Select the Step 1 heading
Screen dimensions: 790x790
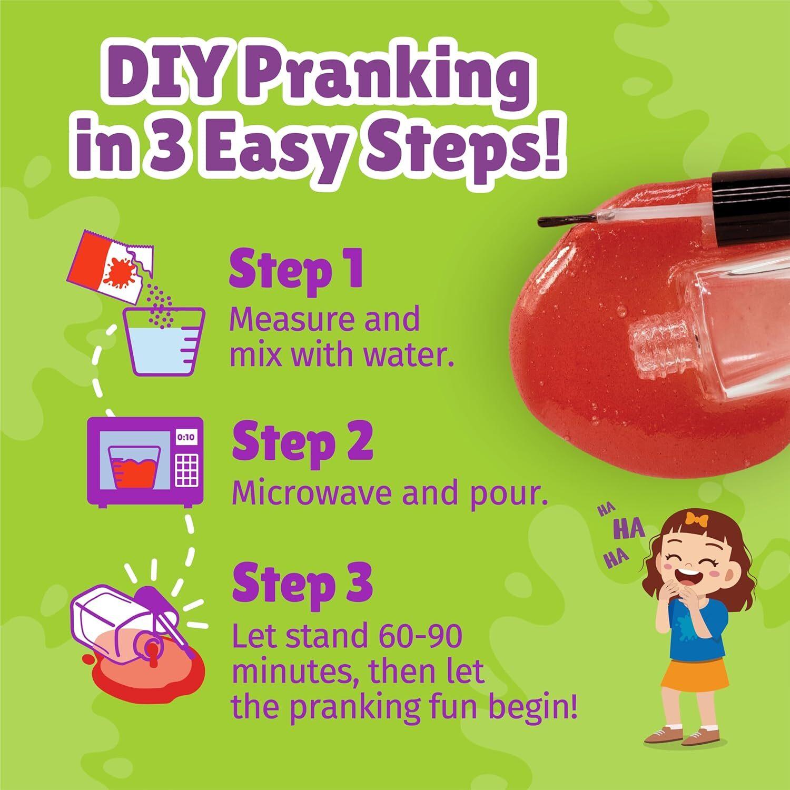pyautogui.click(x=297, y=269)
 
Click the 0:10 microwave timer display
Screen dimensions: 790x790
pyautogui.click(x=185, y=437)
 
